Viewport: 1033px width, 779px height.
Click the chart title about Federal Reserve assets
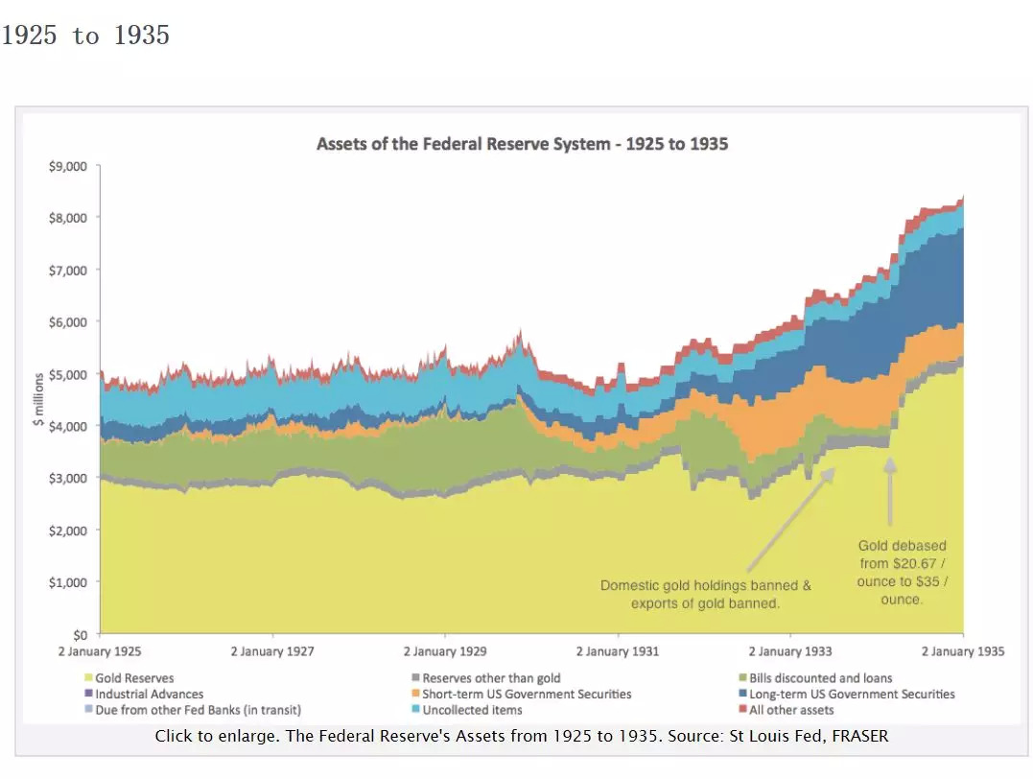click(x=522, y=145)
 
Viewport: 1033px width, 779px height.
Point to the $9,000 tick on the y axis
click(x=68, y=166)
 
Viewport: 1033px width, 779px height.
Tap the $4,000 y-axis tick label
click(x=68, y=426)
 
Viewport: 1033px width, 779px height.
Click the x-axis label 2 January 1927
click(x=272, y=651)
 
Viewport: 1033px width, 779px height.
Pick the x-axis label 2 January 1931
click(x=618, y=651)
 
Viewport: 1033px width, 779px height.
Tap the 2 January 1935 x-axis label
click(x=962, y=651)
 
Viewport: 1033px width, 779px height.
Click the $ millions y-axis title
click(x=38, y=398)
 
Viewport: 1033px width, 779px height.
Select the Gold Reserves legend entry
click(x=134, y=678)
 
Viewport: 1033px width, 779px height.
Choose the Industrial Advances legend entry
click(x=149, y=694)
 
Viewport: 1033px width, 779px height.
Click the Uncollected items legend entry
click(x=472, y=710)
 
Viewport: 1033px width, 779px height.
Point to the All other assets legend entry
click(x=790, y=710)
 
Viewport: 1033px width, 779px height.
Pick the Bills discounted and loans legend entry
click(x=820, y=678)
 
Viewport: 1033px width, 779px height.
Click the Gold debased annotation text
click(x=902, y=573)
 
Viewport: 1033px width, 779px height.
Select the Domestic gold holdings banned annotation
click(x=706, y=594)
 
